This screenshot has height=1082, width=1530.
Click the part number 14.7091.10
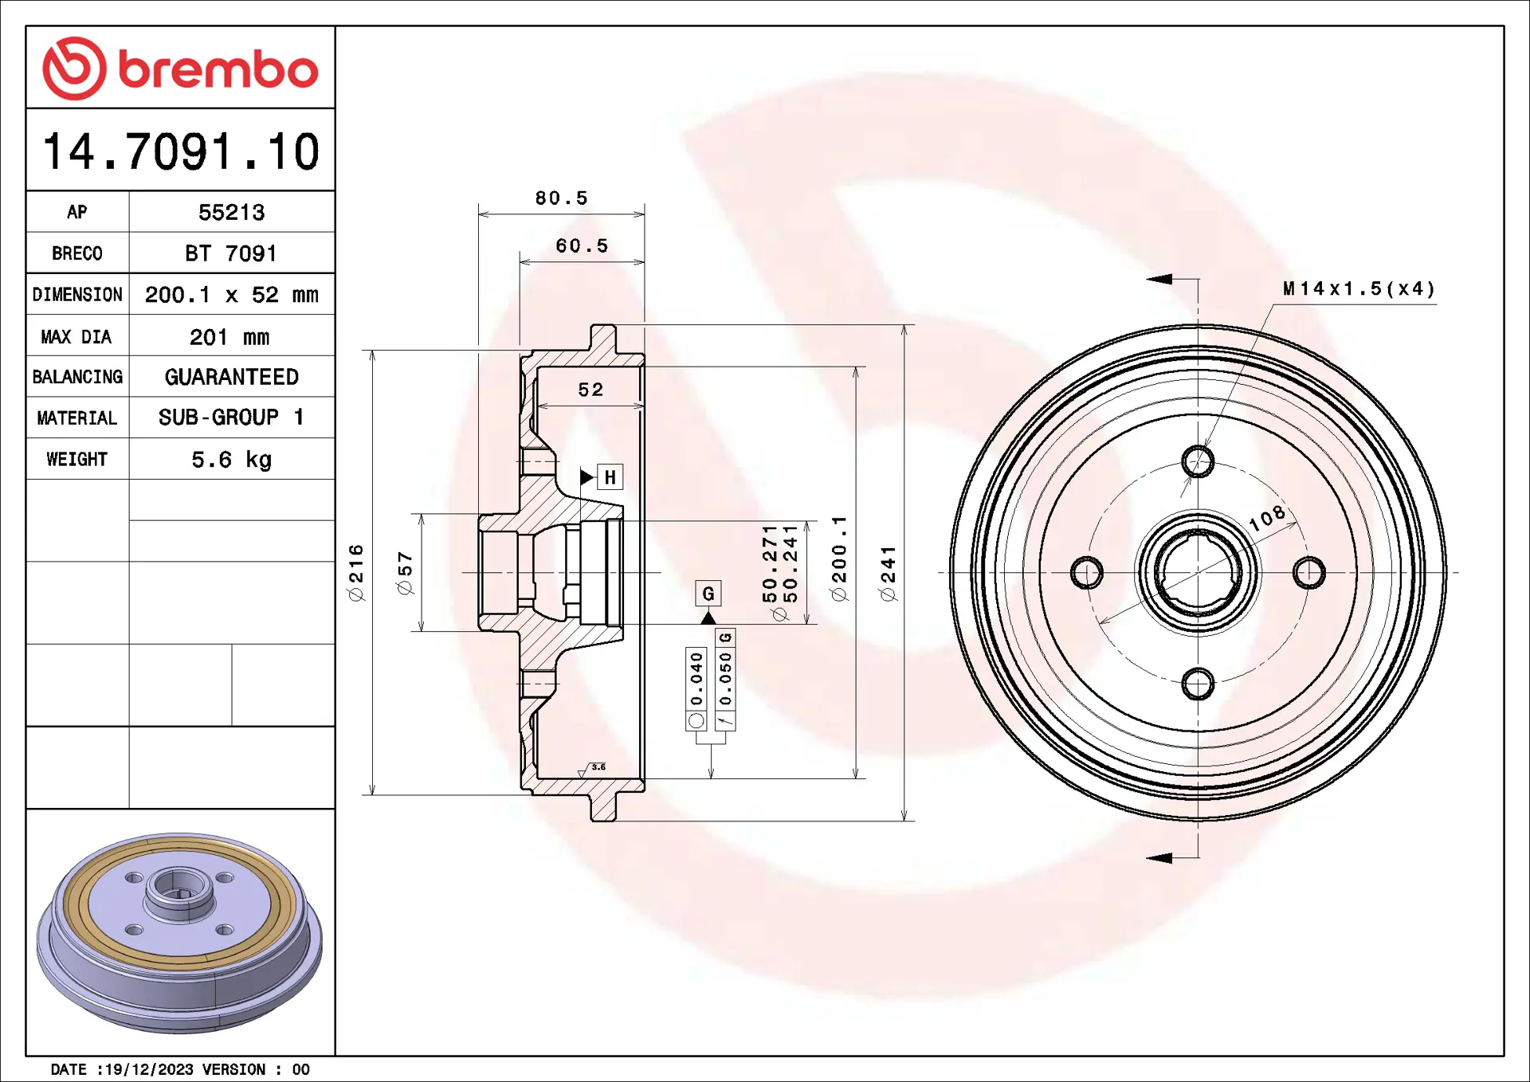[x=181, y=151]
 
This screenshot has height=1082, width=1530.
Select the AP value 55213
[x=231, y=212]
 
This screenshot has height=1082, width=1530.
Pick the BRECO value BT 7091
[x=231, y=253]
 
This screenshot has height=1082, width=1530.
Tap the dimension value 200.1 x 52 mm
[x=231, y=295]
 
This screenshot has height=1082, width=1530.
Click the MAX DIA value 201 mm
[x=229, y=337]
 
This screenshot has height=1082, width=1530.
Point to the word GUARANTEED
[x=231, y=377]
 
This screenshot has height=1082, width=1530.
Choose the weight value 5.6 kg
[x=231, y=460]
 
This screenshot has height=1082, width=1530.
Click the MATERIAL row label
[x=76, y=418]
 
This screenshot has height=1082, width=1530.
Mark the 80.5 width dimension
[x=561, y=198]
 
